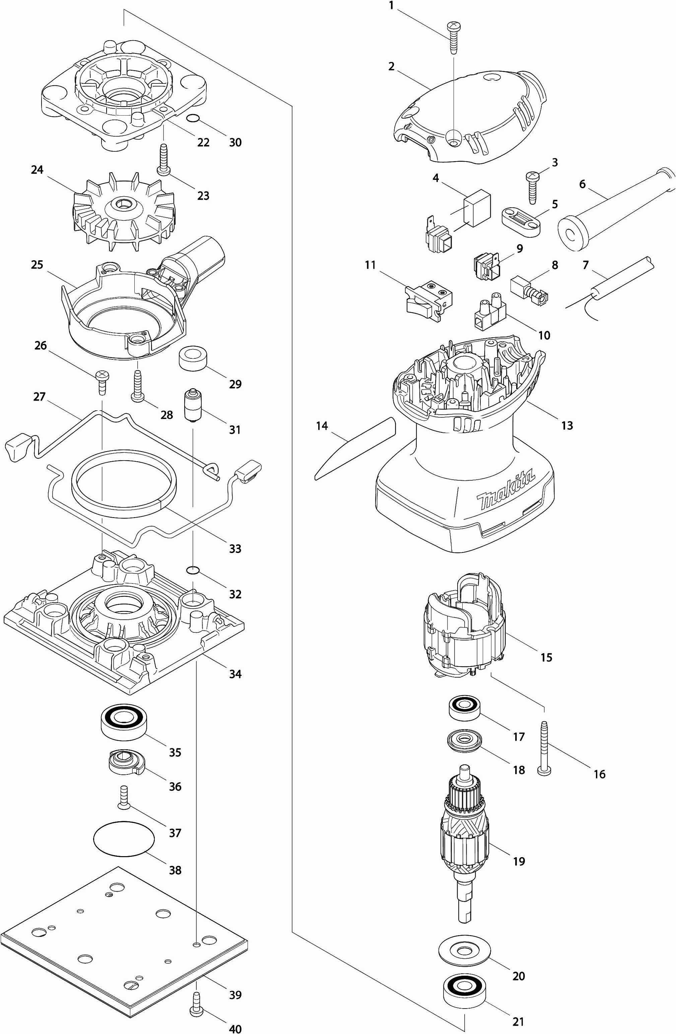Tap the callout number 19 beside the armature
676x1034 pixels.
(519, 861)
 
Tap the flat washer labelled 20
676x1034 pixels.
(464, 950)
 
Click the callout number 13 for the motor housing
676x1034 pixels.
(567, 425)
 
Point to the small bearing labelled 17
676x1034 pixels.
(464, 707)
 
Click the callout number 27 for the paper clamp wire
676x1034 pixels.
(39, 397)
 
